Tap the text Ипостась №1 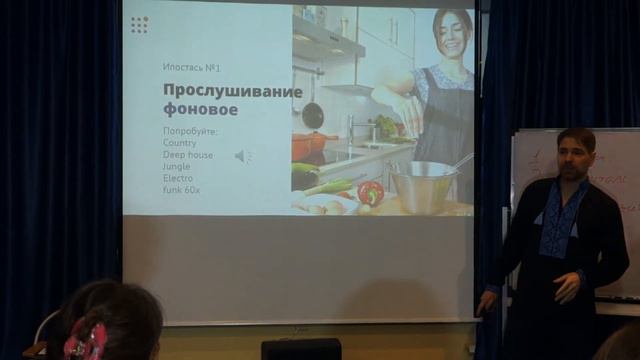pyautogui.click(x=191, y=67)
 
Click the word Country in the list pyautogui.click(x=179, y=143)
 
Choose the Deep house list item pyautogui.click(x=187, y=155)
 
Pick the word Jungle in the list pyautogui.click(x=177, y=166)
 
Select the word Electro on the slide pyautogui.click(x=177, y=178)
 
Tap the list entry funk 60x pyautogui.click(x=181, y=189)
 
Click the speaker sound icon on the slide pyautogui.click(x=243, y=156)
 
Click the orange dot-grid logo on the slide pyautogui.click(x=139, y=25)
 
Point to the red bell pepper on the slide pyautogui.click(x=371, y=192)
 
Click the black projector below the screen pyautogui.click(x=300, y=349)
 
